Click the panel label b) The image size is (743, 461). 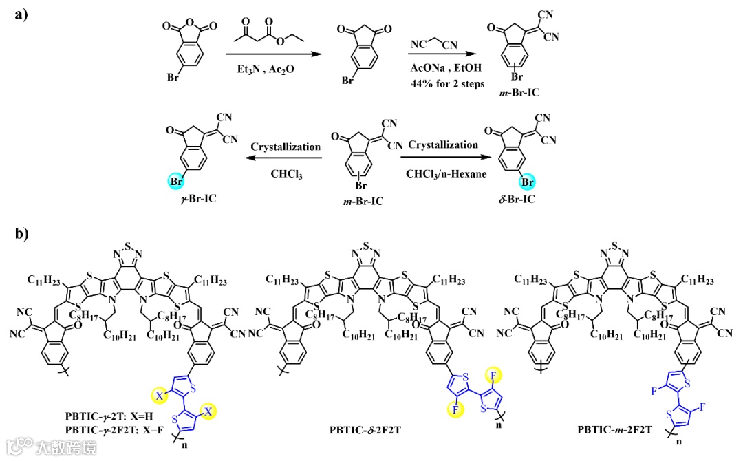(21, 234)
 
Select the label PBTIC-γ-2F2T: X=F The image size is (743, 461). (114, 431)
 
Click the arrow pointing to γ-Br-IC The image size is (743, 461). (282, 158)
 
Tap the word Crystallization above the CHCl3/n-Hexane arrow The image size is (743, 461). (443, 145)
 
